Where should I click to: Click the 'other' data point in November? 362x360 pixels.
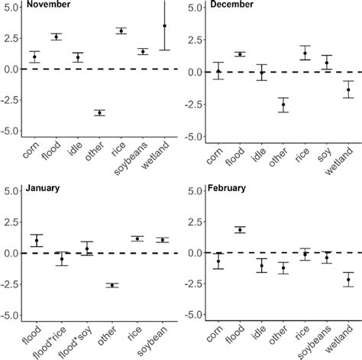[x=99, y=112]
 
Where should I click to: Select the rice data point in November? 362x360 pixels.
[x=121, y=31]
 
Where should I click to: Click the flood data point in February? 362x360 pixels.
[x=241, y=230]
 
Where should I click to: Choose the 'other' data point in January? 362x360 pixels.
[x=112, y=285]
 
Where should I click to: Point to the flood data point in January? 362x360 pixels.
[x=37, y=241]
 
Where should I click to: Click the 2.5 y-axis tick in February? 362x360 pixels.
[x=193, y=222]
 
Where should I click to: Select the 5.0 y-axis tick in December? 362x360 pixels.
[x=193, y=8]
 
